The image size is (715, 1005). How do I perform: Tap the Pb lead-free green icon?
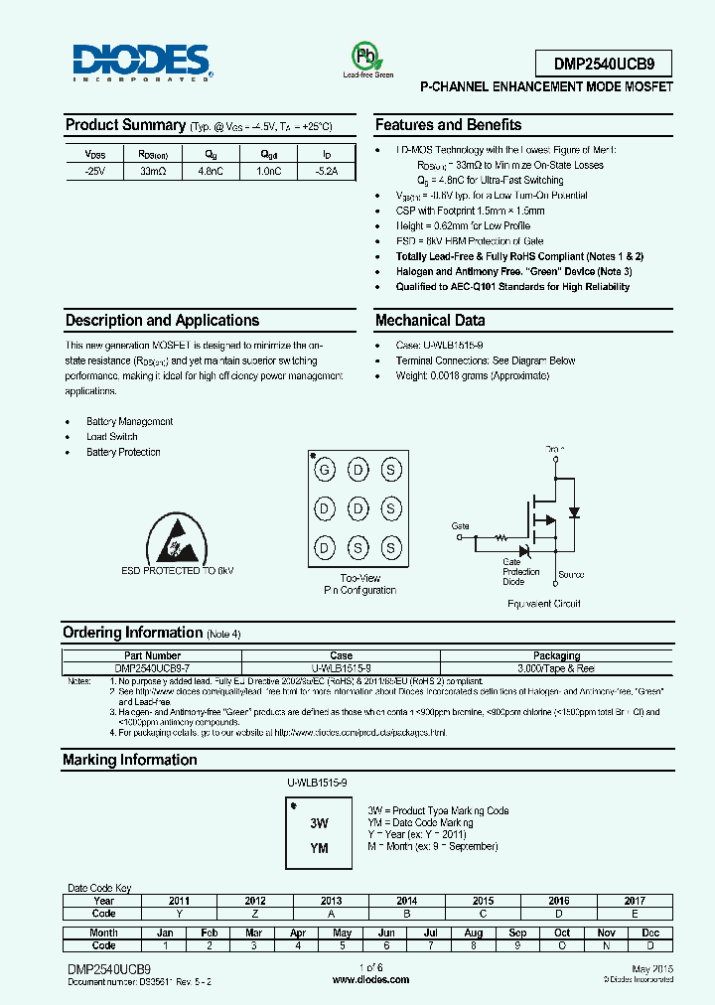pyautogui.click(x=367, y=56)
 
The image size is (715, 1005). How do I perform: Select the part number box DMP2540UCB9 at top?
pyautogui.click(x=603, y=65)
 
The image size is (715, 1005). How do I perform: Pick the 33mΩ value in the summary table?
pyautogui.click(x=153, y=172)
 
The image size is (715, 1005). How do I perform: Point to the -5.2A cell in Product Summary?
pyautogui.click(x=327, y=172)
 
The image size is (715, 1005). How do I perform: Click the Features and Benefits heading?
pyautogui.click(x=448, y=125)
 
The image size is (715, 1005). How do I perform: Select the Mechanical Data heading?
pyautogui.click(x=430, y=321)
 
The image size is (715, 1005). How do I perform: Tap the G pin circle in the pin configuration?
pyautogui.click(x=324, y=470)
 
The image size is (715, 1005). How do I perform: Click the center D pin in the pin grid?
pyautogui.click(x=357, y=508)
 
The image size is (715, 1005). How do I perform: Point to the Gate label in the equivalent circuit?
pyautogui.click(x=460, y=525)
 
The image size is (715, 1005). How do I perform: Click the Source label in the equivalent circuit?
pyautogui.click(x=571, y=575)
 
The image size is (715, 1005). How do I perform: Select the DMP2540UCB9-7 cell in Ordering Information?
pyautogui.click(x=152, y=667)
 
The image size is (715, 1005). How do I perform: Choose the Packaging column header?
pyautogui.click(x=556, y=655)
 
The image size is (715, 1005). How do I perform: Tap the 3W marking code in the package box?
pyautogui.click(x=319, y=823)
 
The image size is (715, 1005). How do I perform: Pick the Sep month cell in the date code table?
pyautogui.click(x=517, y=933)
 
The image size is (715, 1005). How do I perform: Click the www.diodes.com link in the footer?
pyautogui.click(x=370, y=979)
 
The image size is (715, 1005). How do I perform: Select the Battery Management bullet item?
pyautogui.click(x=129, y=422)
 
